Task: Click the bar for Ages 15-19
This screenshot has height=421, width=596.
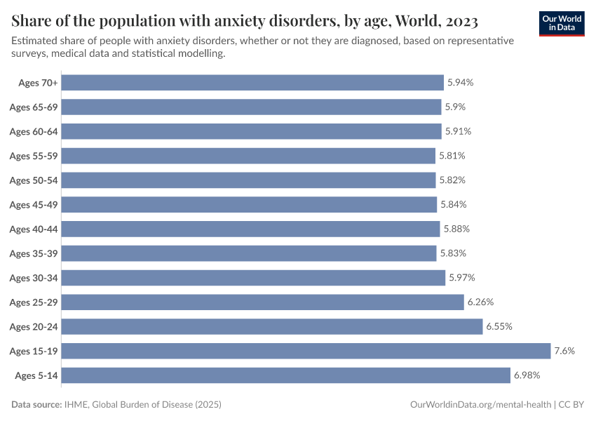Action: [x=306, y=351]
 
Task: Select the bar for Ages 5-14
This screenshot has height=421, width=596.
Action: [x=285, y=375]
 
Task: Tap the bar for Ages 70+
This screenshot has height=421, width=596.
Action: [x=252, y=83]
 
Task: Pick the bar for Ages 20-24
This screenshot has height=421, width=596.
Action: [x=272, y=326]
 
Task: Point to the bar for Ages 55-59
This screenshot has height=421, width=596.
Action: [x=248, y=156]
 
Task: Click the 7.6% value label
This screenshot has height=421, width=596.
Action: [x=564, y=351]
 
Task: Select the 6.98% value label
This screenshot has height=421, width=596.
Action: [x=527, y=375]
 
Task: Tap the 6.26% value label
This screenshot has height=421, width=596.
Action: [x=480, y=302]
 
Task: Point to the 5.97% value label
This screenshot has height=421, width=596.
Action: [x=461, y=278]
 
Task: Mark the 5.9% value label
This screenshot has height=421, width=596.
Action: [x=454, y=107]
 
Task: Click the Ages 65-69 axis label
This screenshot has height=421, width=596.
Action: [x=33, y=107]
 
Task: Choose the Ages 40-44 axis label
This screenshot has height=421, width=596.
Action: [x=33, y=229]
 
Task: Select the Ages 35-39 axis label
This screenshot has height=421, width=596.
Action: [x=33, y=253]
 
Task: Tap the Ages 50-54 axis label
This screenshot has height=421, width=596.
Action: [x=33, y=180]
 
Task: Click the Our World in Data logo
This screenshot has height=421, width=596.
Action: [x=562, y=23]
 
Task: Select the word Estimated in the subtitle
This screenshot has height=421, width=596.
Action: [x=36, y=41]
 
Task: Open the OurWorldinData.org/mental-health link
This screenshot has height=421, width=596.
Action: [x=480, y=405]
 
